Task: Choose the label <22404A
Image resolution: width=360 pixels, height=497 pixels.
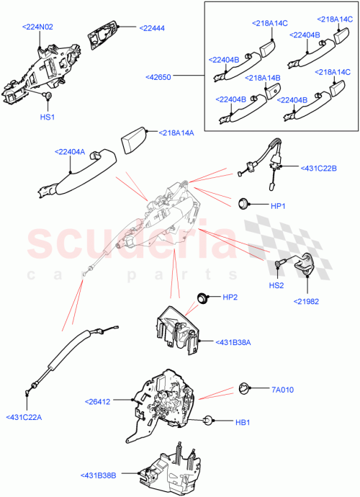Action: click(70, 151)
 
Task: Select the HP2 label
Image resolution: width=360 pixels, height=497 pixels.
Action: click(230, 297)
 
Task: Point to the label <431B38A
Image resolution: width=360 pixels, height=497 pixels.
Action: click(232, 342)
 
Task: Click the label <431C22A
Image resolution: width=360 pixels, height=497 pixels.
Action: click(24, 416)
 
